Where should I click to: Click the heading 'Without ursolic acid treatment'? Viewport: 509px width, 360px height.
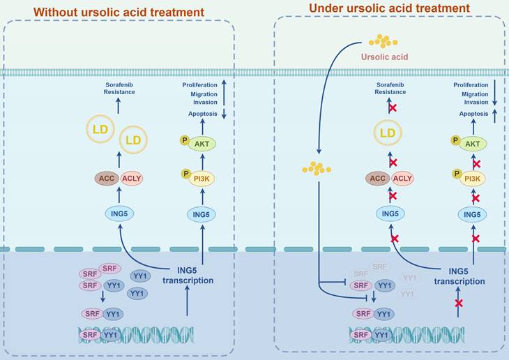(119, 12)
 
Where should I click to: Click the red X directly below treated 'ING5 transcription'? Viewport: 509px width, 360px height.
(458, 303)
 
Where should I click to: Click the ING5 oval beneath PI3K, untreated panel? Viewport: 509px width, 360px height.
(202, 213)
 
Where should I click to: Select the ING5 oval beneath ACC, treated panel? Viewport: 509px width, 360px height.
(391, 213)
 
